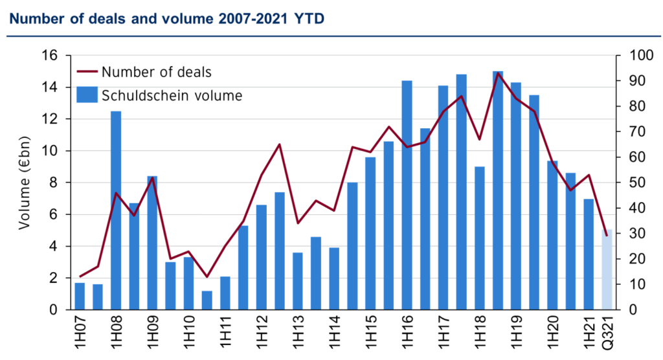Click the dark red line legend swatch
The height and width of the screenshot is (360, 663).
tap(87, 71)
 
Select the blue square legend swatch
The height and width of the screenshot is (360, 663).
tap(87, 95)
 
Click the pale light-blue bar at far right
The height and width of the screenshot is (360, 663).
tap(607, 269)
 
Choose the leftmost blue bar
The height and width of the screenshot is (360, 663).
tap(80, 295)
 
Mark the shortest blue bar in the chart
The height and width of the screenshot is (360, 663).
tap(207, 299)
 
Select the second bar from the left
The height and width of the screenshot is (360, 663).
tap(98, 296)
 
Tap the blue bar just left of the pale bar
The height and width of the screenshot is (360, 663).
tap(589, 253)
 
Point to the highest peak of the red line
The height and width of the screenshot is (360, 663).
tap(498, 73)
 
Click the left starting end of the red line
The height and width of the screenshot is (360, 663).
tap(80, 276)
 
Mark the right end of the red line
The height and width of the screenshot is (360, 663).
tap(607, 234)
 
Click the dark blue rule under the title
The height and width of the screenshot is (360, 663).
tap(331, 36)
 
